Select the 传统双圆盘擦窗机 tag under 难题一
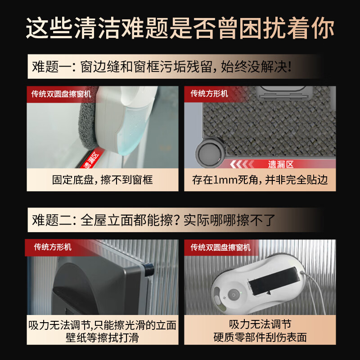tap(61, 94)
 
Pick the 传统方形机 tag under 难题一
tap(209, 94)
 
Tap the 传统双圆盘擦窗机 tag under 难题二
tap(220, 247)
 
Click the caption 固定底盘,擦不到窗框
tap(102, 180)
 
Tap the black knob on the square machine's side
tap(149, 270)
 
